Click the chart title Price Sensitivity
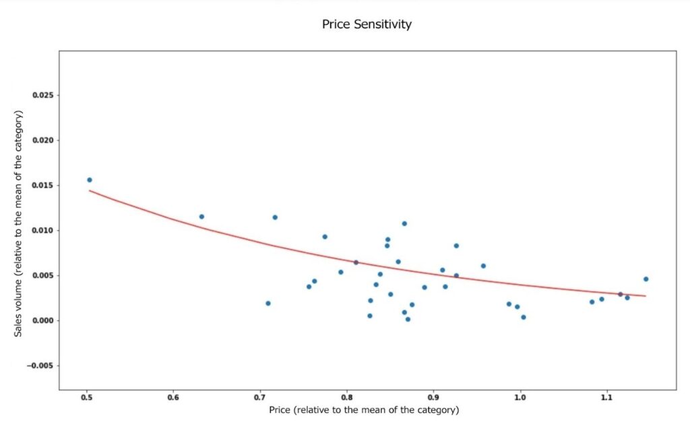click(x=367, y=25)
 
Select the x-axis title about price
click(x=364, y=410)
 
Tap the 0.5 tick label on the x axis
click(x=87, y=397)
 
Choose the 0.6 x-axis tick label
click(x=173, y=397)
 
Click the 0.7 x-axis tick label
click(x=260, y=397)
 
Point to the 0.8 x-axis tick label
click(x=347, y=397)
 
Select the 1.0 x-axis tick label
click(x=520, y=397)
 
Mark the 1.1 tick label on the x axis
click(x=606, y=397)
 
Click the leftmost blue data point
click(x=90, y=180)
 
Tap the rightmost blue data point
click(x=646, y=279)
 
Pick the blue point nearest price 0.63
click(x=201, y=217)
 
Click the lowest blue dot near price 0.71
click(x=268, y=304)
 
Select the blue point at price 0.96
click(x=483, y=266)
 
